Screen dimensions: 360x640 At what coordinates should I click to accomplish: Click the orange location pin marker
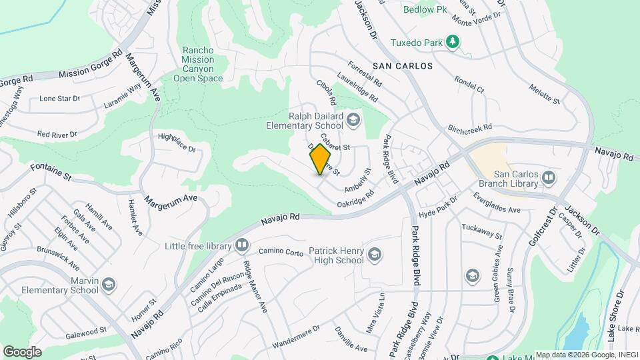[321, 159]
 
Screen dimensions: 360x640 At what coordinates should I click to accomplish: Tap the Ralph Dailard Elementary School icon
[353, 120]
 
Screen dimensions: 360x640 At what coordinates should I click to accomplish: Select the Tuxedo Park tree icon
[453, 43]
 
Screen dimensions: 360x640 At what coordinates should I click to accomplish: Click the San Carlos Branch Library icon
[549, 177]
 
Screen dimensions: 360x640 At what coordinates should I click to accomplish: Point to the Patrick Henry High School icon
[375, 253]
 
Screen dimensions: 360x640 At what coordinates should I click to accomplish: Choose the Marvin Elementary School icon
[109, 285]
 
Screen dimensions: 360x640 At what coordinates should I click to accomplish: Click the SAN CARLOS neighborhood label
[403, 66]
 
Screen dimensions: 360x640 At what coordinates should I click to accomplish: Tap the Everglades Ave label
[497, 203]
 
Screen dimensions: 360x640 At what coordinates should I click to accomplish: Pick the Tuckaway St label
[481, 231]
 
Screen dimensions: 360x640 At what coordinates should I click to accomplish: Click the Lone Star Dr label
[59, 98]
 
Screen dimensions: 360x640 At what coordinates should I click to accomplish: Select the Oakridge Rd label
[355, 199]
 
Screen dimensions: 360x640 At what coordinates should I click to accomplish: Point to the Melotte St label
[544, 94]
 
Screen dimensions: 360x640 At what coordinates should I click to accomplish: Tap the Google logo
[22, 351]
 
